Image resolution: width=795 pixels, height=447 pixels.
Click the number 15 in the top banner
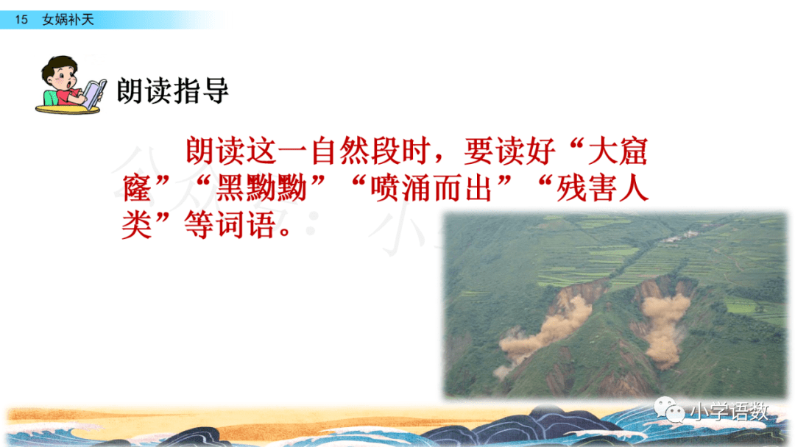coord(21,20)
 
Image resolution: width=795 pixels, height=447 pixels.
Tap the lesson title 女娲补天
coord(68,20)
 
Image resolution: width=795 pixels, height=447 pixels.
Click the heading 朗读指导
coord(173,90)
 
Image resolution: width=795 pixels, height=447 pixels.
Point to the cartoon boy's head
coord(61,74)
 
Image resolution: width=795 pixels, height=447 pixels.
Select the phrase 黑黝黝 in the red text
coord(261,187)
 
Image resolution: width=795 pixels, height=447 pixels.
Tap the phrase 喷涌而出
coord(431,187)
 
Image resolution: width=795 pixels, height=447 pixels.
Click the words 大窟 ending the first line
coord(618,151)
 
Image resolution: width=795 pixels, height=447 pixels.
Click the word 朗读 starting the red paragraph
coord(216,151)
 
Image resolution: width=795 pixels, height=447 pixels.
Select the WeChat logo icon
coord(670,409)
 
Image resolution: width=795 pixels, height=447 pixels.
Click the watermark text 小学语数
coord(729,411)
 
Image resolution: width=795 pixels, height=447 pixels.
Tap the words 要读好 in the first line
coord(509,151)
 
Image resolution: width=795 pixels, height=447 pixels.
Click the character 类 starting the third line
coord(137,225)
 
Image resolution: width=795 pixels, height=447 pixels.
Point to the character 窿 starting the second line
coord(137,187)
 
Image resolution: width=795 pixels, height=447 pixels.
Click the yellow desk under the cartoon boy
coord(68,108)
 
